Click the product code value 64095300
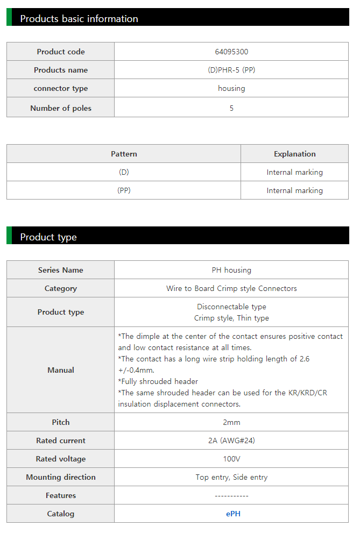231,52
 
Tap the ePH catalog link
233,514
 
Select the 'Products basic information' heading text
79,19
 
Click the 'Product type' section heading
48,237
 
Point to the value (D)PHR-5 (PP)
231,70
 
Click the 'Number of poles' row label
61,108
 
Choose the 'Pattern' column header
124,154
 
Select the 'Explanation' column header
294,154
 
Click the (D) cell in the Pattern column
124,172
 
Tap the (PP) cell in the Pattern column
124,190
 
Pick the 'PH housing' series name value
231,270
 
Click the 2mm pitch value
231,422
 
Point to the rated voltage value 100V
231,459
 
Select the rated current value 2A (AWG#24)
231,440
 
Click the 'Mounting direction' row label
61,477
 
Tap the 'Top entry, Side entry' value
231,477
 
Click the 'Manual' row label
61,370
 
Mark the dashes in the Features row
231,495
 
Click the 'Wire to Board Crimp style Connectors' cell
231,288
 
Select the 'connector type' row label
61,88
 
